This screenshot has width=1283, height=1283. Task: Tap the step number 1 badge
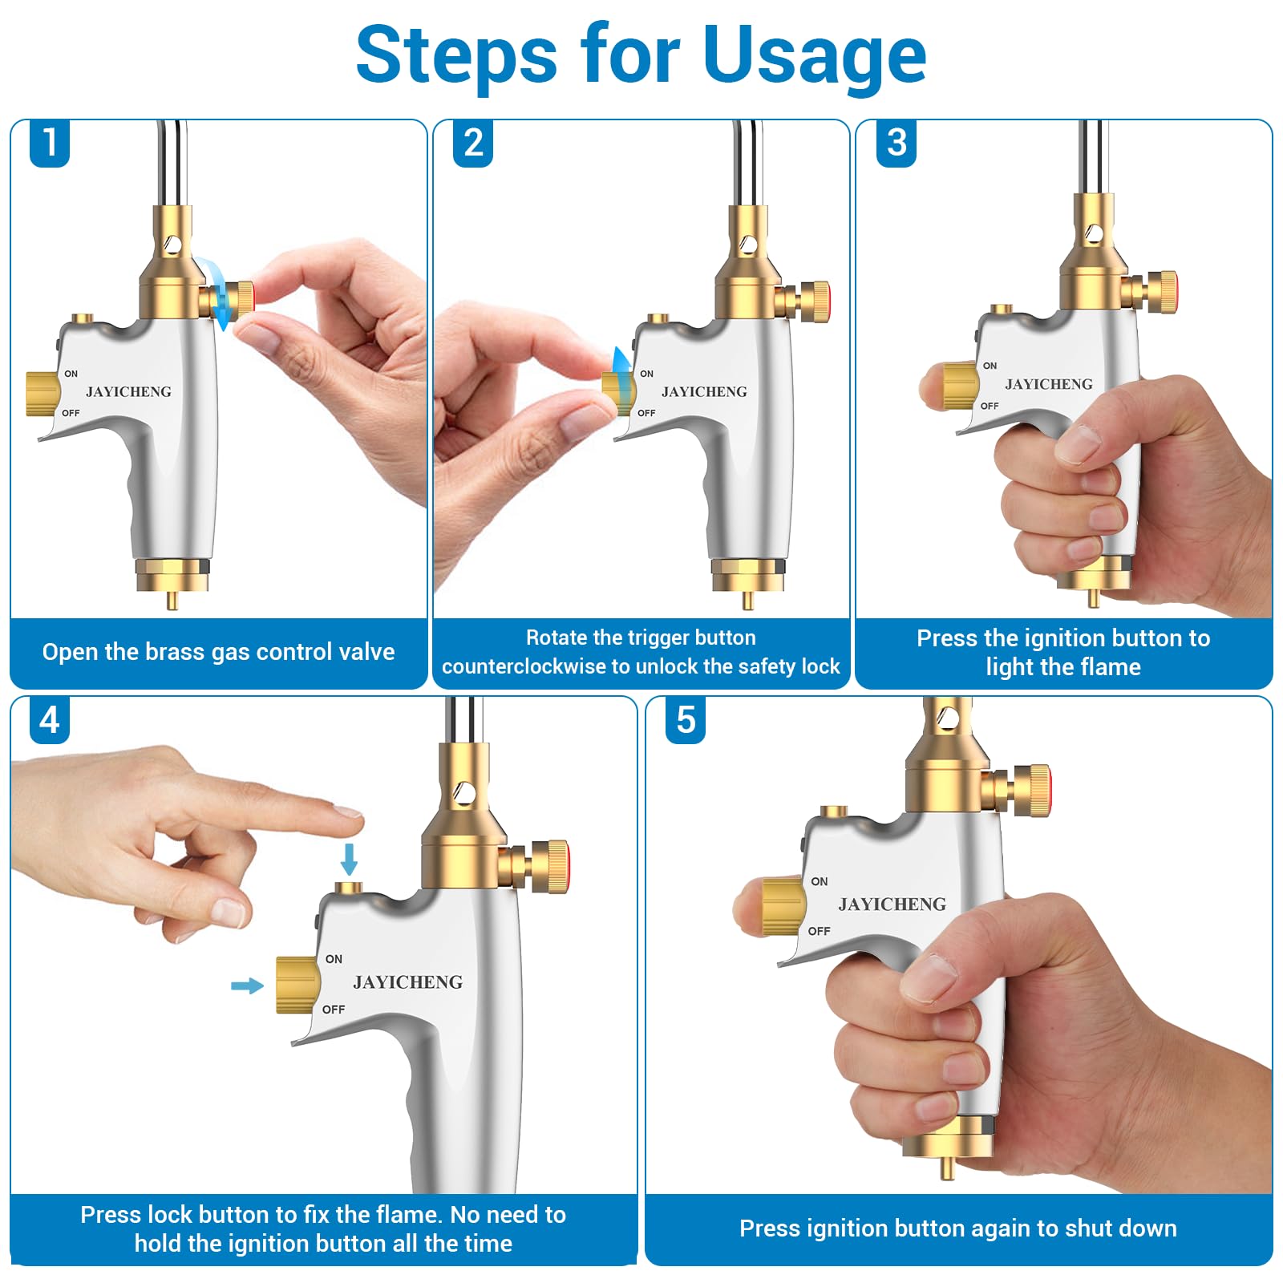click(50, 143)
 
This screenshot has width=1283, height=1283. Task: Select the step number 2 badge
click(473, 143)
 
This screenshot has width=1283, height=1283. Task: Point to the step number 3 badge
click(896, 143)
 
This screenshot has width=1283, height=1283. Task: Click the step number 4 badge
click(50, 720)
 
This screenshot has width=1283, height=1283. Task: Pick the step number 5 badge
click(686, 720)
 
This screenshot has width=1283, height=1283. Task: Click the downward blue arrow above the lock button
click(349, 859)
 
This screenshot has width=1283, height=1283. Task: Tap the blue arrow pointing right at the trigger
click(247, 986)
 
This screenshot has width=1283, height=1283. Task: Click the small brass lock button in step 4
click(348, 888)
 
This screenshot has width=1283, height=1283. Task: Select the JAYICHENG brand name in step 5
click(892, 905)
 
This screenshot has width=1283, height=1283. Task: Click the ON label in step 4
click(334, 959)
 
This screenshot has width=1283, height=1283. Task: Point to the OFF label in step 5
click(819, 931)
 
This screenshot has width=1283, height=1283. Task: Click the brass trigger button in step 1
click(43, 394)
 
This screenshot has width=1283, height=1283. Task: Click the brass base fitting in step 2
click(747, 576)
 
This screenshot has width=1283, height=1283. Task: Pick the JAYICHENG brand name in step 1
click(128, 392)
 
